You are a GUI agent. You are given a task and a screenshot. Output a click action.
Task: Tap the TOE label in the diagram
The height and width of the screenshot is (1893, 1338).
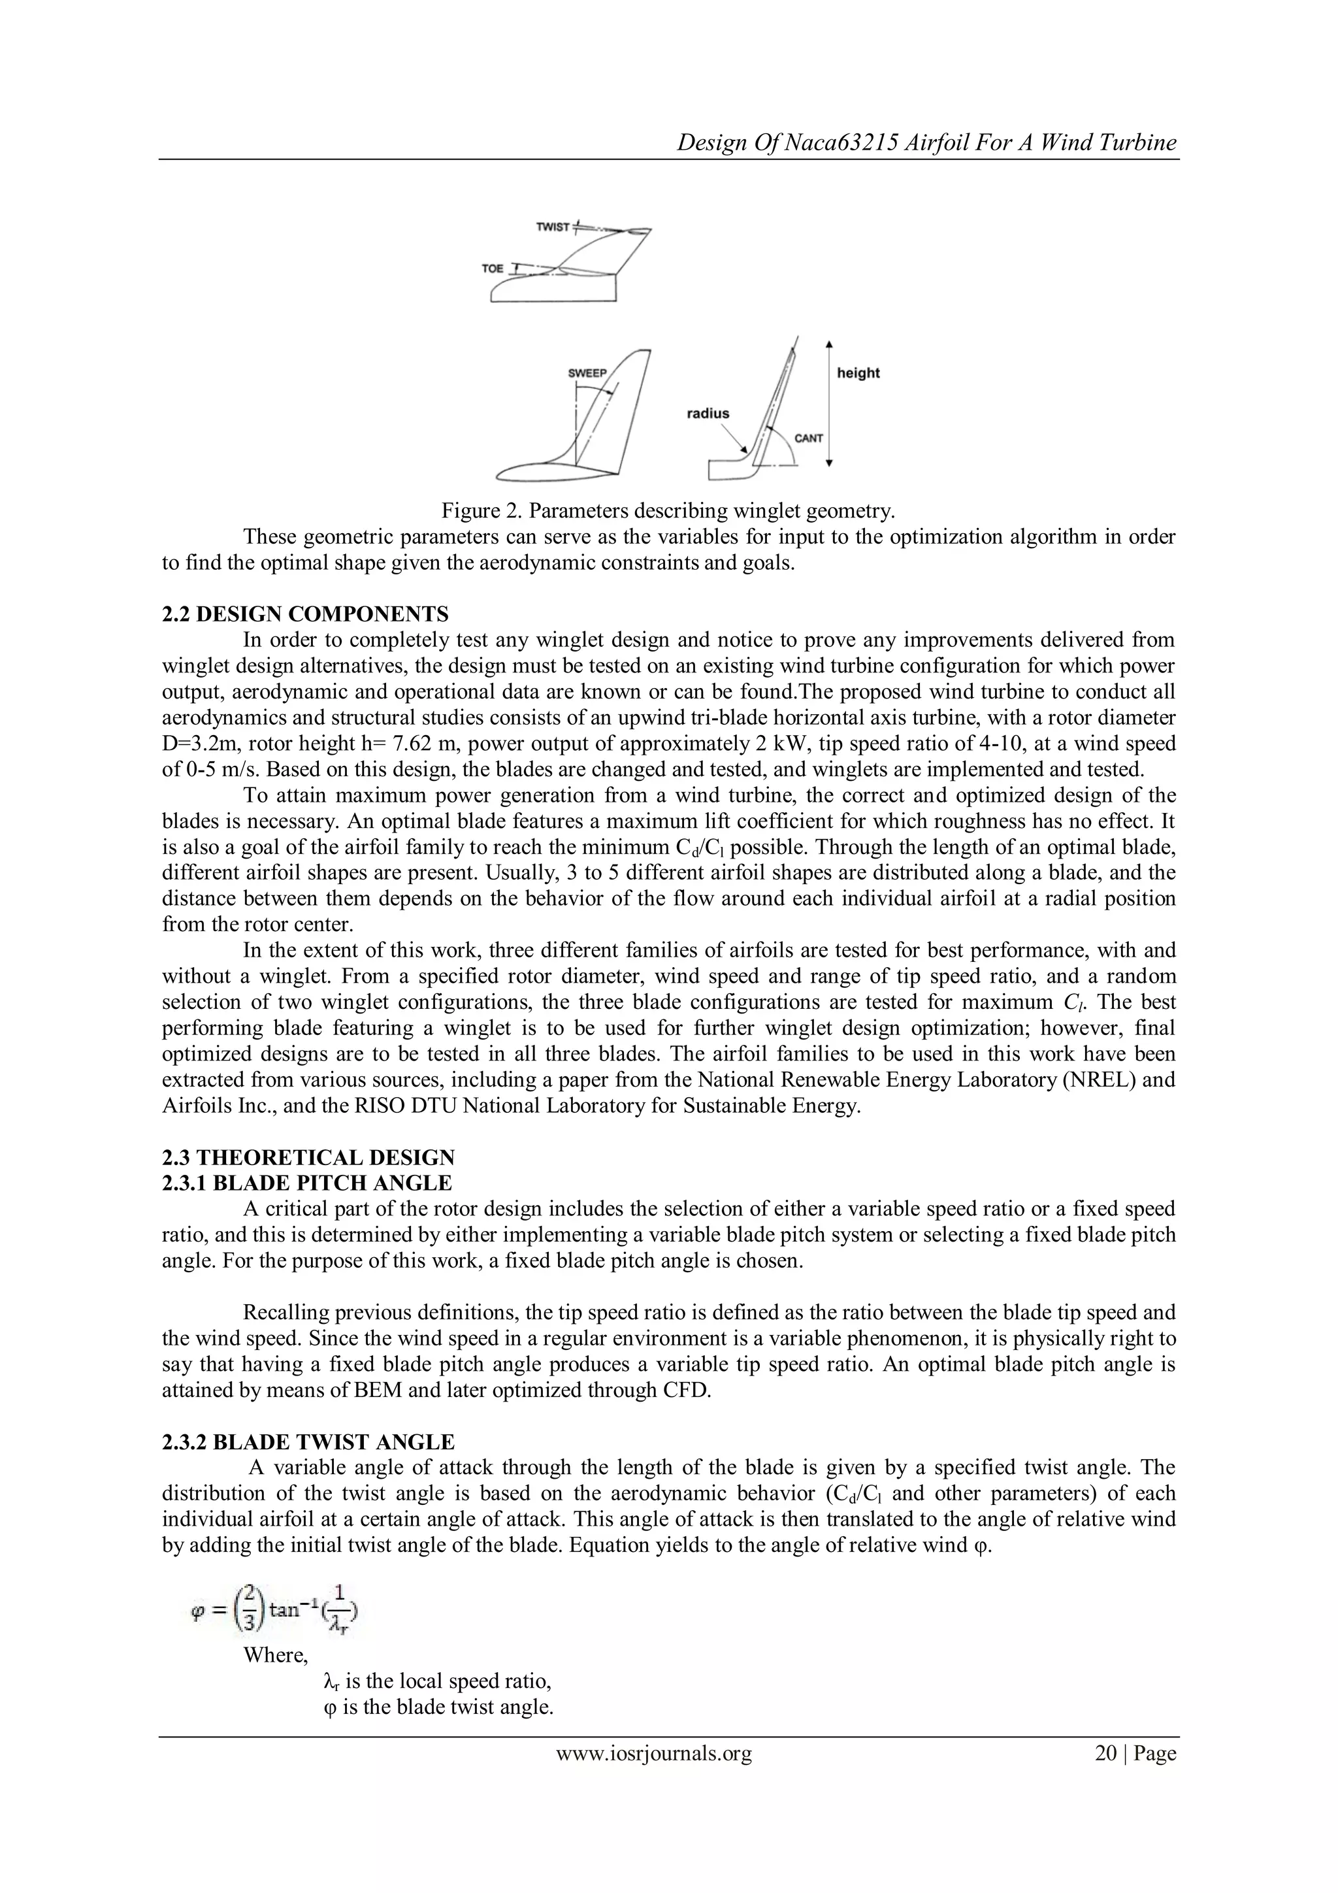pos(492,269)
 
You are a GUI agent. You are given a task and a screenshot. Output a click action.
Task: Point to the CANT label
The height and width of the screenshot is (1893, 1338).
pos(809,438)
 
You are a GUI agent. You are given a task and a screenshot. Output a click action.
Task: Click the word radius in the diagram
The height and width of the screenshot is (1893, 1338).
pos(708,413)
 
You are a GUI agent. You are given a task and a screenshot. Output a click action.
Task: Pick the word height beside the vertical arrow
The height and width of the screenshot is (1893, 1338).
pos(858,372)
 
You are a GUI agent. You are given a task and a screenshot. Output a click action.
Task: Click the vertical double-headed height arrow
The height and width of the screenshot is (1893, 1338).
pos(829,403)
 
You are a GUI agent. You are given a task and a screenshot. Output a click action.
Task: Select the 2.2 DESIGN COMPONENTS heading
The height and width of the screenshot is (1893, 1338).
pos(305,614)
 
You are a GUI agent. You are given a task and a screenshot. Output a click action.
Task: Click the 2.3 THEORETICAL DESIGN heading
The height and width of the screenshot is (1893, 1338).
pos(308,1158)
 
